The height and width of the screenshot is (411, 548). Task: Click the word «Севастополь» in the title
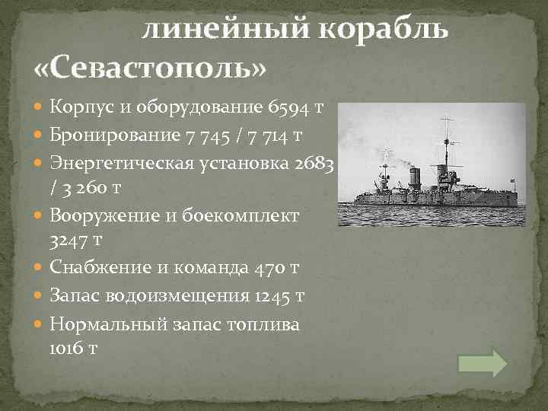click(151, 68)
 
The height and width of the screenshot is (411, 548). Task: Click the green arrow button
click(483, 362)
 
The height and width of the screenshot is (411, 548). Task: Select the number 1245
click(275, 296)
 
